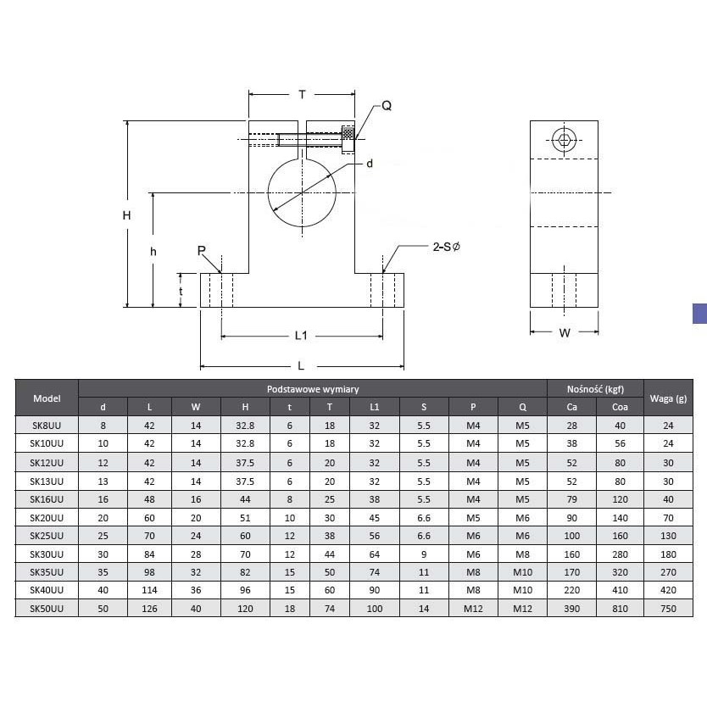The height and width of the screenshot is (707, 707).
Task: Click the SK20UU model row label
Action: click(47, 518)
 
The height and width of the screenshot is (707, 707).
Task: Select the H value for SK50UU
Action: click(245, 609)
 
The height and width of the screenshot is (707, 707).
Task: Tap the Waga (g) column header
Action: click(668, 398)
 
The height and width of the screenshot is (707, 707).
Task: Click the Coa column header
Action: click(620, 407)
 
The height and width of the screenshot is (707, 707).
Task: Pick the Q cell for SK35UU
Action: click(522, 572)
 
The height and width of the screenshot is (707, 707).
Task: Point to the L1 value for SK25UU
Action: click(374, 536)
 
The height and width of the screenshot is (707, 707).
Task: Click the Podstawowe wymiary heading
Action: click(313, 389)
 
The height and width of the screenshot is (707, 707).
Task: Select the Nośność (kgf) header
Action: click(595, 389)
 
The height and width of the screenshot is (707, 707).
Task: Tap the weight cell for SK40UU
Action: click(668, 590)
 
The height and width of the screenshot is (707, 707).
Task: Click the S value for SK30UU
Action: click(423, 554)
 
